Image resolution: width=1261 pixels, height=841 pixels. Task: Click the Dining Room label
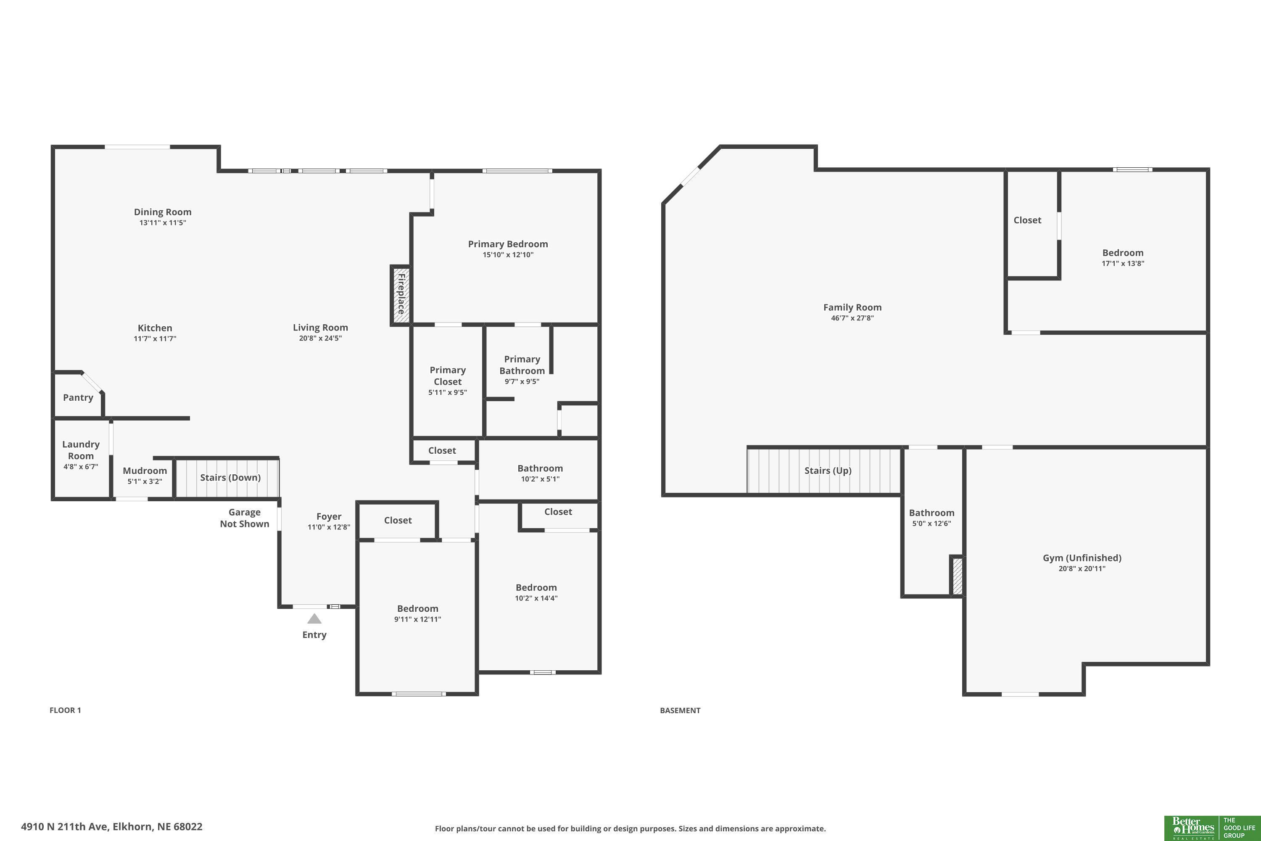coord(162,212)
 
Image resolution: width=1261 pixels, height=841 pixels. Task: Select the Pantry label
coord(78,397)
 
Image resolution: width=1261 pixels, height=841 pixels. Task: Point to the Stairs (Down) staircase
coord(227,477)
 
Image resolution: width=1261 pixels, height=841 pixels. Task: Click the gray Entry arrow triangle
coord(314,619)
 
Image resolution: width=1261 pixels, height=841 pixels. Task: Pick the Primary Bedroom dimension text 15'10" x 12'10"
coord(508,255)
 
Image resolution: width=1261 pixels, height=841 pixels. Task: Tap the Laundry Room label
coord(81,450)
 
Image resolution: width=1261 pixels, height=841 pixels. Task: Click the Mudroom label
coord(145,471)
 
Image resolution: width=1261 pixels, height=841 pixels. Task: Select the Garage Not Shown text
coord(245,518)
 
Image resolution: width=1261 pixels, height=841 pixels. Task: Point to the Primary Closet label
coord(448,376)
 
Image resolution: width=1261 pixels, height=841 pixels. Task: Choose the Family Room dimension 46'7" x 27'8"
coord(852,318)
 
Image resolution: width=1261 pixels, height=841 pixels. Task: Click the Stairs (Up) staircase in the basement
coord(824,471)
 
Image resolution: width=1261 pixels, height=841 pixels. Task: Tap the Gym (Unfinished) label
coord(1082,558)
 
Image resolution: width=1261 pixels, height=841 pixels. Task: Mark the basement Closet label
coord(1027,220)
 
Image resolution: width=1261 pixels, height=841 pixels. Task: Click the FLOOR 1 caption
coord(66,710)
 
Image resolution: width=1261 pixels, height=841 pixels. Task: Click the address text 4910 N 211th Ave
coord(64,827)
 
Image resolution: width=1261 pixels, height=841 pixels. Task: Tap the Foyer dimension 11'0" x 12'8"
coord(329,527)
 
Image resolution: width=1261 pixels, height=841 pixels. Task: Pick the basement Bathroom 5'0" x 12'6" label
coord(932,518)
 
